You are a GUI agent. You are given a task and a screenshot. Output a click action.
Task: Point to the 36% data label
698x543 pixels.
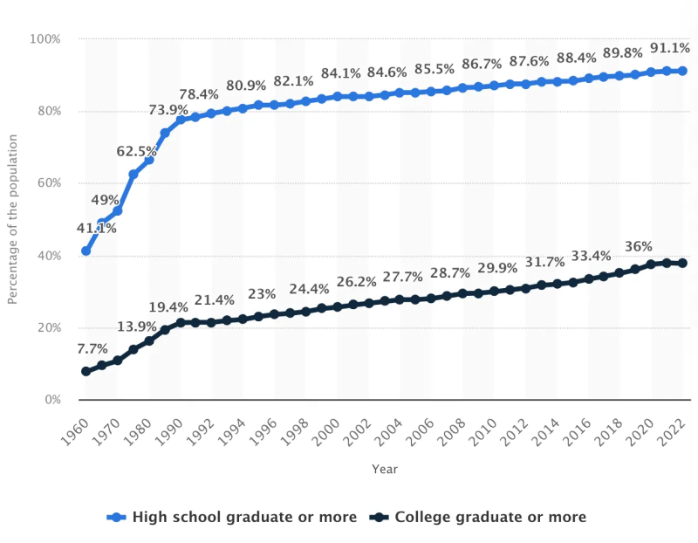pos(637,246)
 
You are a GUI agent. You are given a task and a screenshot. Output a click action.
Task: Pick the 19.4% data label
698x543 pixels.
pos(168,307)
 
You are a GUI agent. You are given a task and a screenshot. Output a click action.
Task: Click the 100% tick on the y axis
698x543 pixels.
pos(45,39)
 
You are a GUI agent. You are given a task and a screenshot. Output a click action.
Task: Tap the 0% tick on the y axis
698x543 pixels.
pos(51,400)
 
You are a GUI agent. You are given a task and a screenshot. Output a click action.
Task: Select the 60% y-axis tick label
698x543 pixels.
pos(48,183)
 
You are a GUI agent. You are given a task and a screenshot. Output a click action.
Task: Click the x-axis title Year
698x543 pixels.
pos(384,469)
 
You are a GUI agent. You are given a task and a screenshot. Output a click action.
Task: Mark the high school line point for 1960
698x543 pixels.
pos(86,251)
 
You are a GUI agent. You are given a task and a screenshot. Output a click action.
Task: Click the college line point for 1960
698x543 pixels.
pos(86,371)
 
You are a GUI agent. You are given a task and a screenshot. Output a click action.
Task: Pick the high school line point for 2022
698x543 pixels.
pos(682,71)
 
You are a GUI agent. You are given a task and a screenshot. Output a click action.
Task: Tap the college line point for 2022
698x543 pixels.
pos(682,263)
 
